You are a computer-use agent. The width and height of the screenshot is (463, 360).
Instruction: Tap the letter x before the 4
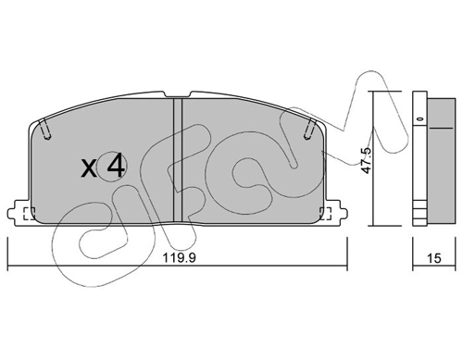click(x=89, y=168)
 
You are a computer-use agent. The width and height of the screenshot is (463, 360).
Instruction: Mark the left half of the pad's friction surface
click(x=102, y=185)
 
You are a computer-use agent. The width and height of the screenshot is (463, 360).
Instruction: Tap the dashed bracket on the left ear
click(x=26, y=215)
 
